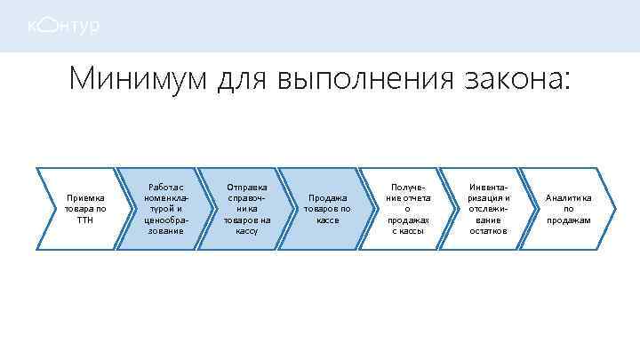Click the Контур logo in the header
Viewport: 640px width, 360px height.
[x=62, y=27]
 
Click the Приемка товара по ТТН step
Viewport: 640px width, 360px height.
[x=84, y=209]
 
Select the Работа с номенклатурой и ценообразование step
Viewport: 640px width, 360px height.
[x=165, y=209]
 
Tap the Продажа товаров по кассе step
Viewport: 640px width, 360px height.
[x=327, y=209]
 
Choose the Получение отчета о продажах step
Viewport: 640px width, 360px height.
[x=408, y=209]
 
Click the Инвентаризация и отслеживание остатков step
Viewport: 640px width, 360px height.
[x=489, y=209]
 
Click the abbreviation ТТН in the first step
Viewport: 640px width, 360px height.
[x=84, y=220]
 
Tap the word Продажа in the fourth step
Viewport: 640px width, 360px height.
[x=327, y=198]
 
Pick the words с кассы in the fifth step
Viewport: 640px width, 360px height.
[x=408, y=230]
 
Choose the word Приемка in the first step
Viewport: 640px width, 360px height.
[x=84, y=198]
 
